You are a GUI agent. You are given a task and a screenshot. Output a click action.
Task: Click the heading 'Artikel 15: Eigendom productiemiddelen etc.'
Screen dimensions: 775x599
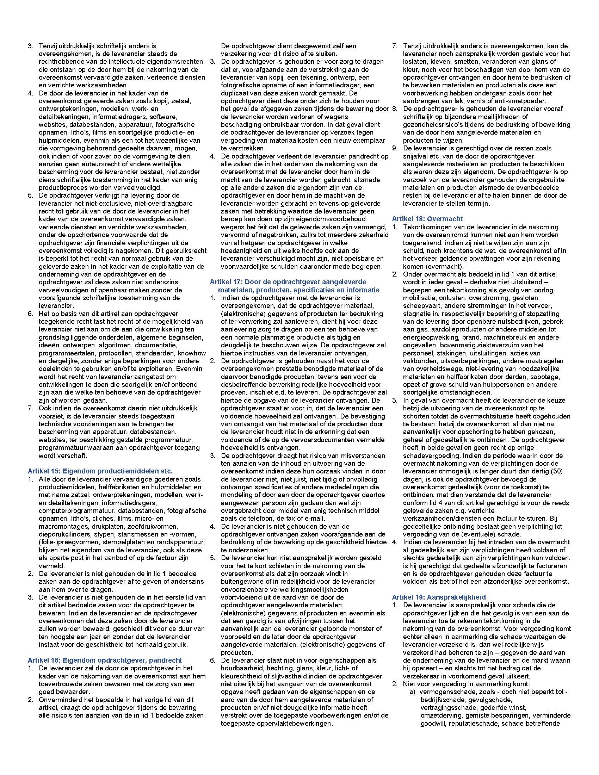point(100,471)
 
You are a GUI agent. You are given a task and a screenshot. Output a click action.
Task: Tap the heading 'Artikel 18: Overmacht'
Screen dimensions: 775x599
point(427,219)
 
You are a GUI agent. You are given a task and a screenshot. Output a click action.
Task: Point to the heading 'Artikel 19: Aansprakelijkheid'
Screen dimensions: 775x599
point(439,597)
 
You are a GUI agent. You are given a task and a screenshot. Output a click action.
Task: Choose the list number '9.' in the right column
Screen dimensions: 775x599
point(395,148)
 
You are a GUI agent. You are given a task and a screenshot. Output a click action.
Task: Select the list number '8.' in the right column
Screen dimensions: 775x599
point(395,109)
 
